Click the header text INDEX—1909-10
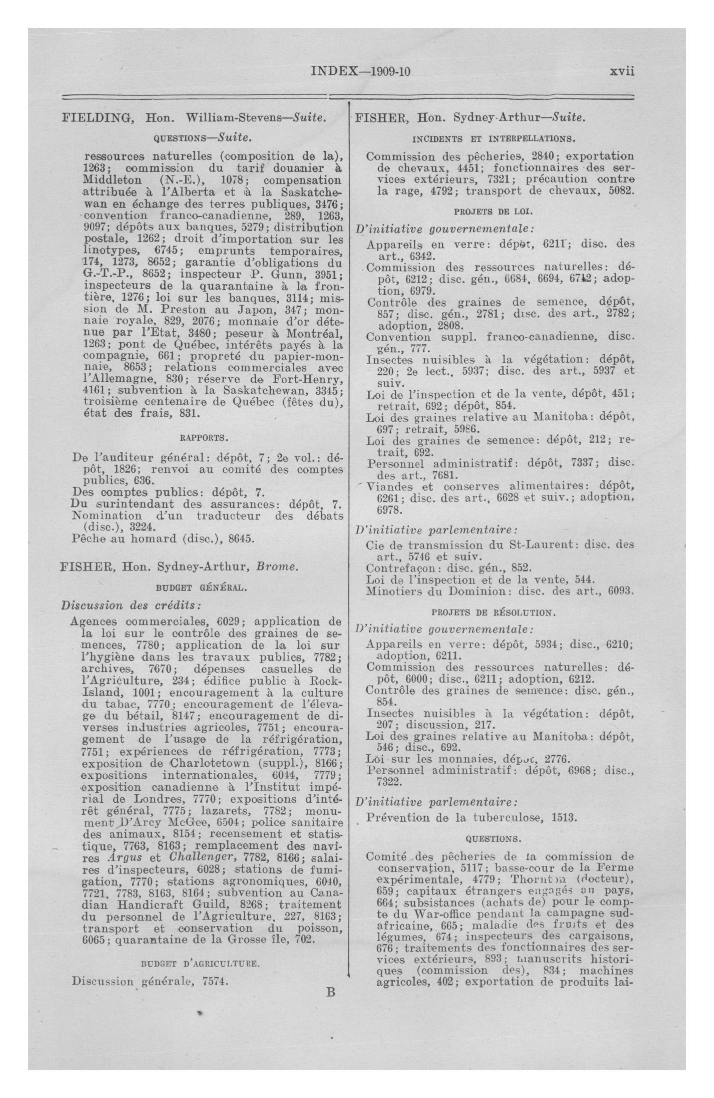point(361,72)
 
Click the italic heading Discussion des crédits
point(131,605)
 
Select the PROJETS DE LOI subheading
point(494,212)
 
